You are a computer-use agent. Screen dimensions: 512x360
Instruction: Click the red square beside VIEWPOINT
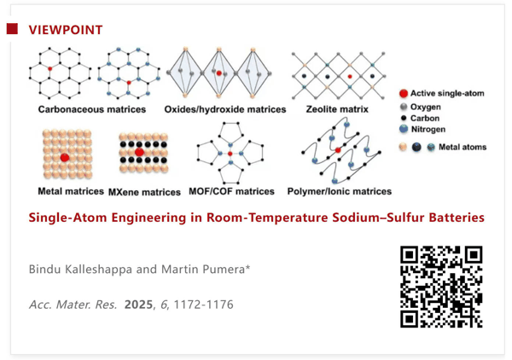(12, 29)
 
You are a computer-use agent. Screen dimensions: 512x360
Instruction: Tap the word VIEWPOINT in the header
(66, 30)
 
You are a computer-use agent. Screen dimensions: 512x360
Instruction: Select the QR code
(441, 287)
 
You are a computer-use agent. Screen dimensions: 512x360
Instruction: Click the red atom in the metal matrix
(65, 158)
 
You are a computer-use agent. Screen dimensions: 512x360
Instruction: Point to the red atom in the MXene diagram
(139, 152)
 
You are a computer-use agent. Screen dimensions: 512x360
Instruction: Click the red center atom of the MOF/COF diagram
(230, 154)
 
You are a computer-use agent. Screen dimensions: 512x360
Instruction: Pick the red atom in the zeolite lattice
(350, 77)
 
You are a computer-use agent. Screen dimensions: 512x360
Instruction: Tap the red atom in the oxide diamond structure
(219, 73)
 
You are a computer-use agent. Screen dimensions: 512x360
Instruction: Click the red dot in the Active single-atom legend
(404, 94)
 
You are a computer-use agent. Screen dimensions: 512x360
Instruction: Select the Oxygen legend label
(426, 107)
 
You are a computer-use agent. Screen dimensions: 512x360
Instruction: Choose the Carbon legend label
(425, 118)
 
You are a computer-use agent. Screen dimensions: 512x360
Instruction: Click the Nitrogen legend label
(428, 130)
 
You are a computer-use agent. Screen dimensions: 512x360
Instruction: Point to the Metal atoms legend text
(463, 148)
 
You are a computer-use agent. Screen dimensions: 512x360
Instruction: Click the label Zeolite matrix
(337, 109)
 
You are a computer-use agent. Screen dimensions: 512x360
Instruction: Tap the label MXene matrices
(144, 192)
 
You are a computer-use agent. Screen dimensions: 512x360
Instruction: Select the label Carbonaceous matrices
(92, 109)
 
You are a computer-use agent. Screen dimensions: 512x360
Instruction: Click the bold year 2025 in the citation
(138, 305)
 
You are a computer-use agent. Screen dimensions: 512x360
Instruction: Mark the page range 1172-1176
(203, 305)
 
